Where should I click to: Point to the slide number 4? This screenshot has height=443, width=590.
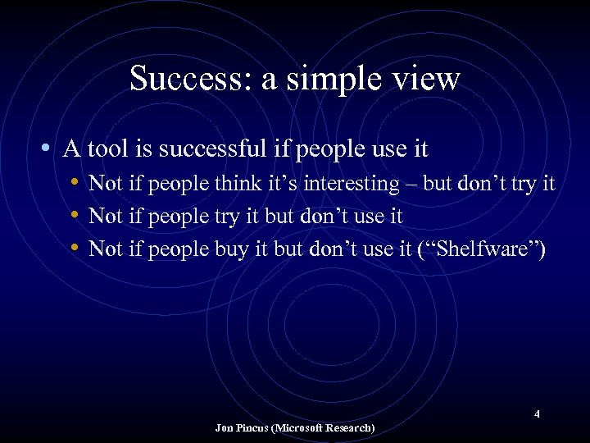click(537, 414)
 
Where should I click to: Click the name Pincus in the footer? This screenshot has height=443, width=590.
click(252, 428)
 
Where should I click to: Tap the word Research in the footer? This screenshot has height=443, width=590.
click(352, 428)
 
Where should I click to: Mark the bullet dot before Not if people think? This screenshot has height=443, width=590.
click(75, 184)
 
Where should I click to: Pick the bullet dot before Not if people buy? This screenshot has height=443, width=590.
click(75, 249)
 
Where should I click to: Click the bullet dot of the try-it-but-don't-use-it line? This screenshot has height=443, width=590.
click(75, 217)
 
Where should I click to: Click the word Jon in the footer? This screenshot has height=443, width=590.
click(224, 428)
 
